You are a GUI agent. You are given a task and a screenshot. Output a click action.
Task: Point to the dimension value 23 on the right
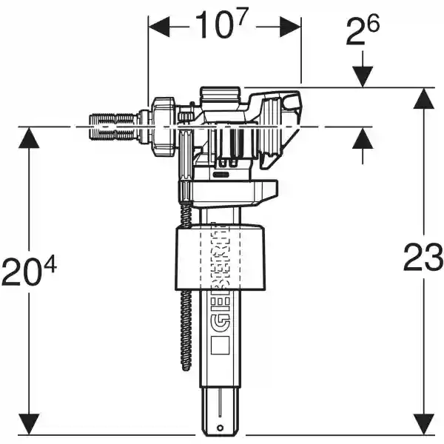423,259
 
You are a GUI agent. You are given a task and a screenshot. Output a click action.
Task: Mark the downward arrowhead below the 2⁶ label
363,78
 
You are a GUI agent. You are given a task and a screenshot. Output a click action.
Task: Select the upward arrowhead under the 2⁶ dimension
363,136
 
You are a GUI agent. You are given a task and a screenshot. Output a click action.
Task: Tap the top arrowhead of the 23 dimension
423,96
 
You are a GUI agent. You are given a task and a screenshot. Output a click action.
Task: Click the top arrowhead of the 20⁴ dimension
28,135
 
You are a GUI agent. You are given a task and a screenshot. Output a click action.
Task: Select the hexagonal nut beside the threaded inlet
163,125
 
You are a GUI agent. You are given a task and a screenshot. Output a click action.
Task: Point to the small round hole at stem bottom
220,428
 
